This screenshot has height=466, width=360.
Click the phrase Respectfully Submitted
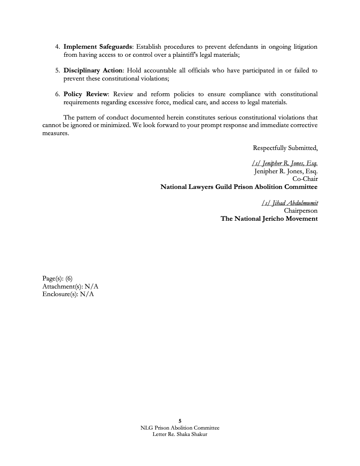coord(285,148)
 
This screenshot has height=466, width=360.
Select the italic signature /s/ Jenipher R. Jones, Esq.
coord(284,164)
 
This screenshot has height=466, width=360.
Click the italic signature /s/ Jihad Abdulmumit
coord(290,203)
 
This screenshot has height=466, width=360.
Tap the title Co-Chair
coord(305,179)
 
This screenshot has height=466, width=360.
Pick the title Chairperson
coord(301,211)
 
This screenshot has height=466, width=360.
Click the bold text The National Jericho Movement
coord(269,219)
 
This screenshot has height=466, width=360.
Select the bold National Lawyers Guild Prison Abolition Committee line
coord(239,187)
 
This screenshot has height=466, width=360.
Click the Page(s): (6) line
coord(58,278)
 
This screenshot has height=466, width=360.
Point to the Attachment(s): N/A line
coord(70,286)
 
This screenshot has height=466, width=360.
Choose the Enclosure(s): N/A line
coord(68,294)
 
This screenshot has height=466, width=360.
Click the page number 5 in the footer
coord(180,421)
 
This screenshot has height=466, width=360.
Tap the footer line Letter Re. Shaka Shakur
coord(180,435)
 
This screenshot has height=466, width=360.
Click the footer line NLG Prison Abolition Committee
coord(180,428)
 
